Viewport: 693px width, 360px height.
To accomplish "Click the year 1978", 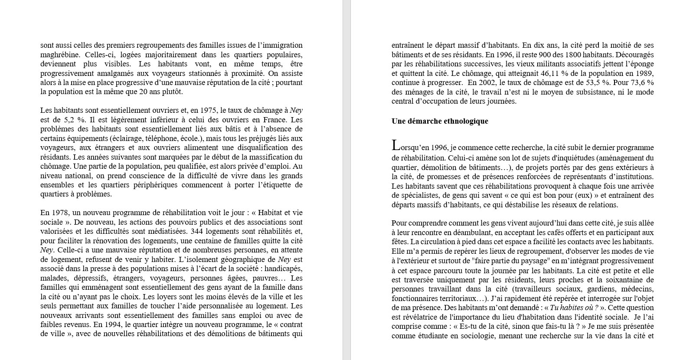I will [61, 213].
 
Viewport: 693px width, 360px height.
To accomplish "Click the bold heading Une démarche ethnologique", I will [440, 121].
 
